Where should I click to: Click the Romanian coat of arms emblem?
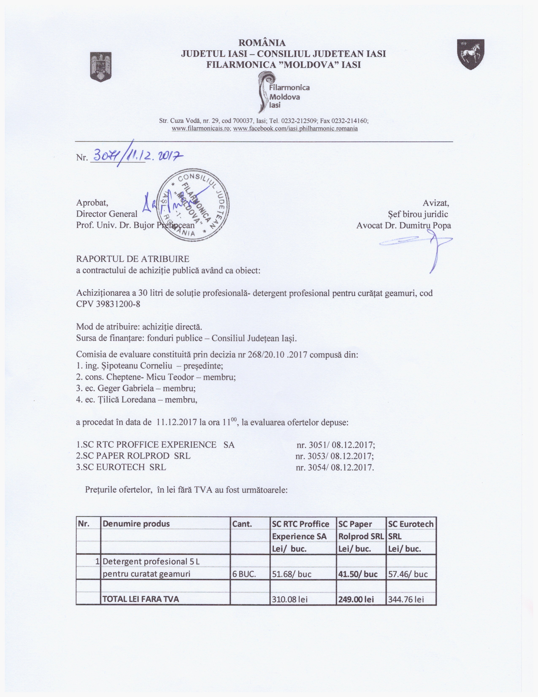coord(101,67)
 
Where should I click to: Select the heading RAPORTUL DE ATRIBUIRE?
coord(132,259)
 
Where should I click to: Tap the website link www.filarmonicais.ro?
coord(201,129)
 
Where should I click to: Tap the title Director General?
coord(107,214)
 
